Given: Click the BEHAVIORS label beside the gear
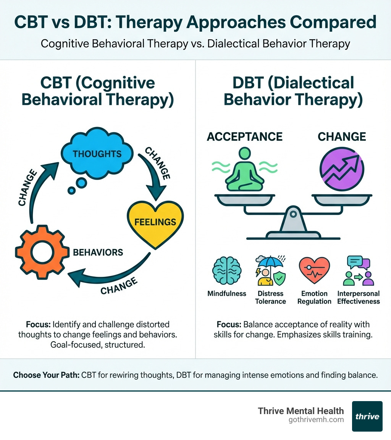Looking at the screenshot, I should [98, 252].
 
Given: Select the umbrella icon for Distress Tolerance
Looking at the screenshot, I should [270, 271].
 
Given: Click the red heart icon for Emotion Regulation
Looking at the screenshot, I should [314, 271].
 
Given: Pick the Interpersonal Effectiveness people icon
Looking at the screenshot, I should [358, 271].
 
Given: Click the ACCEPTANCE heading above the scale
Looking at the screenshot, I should [244, 137].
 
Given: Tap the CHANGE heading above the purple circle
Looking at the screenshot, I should [342, 137].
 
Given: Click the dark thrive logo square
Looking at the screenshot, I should [367, 416].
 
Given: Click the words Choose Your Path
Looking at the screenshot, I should [46, 375].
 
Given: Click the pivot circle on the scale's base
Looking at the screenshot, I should [293, 215].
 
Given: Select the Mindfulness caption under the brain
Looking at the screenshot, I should [227, 294].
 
